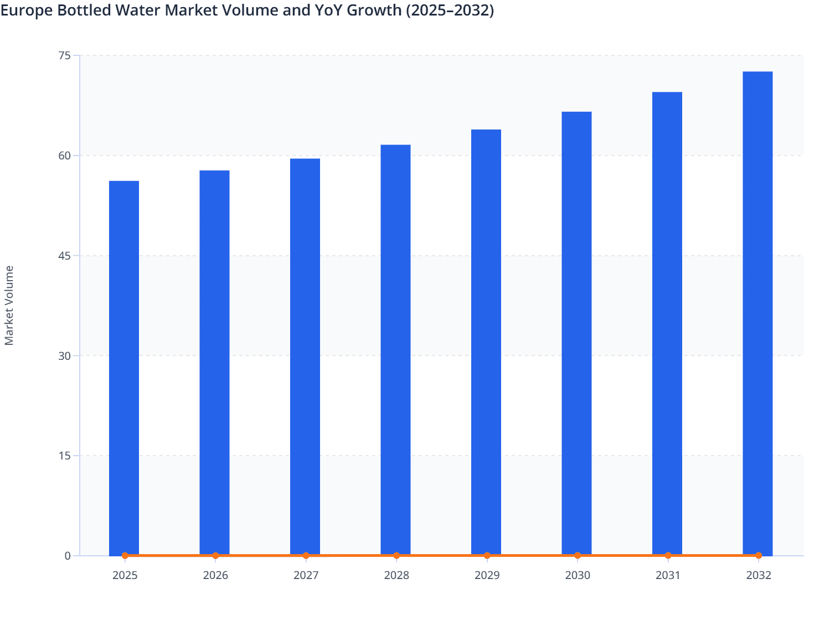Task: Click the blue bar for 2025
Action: (x=124, y=368)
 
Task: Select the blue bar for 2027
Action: (x=305, y=356)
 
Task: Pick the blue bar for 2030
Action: (x=576, y=333)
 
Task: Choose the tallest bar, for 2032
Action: (x=757, y=313)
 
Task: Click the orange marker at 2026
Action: (x=215, y=555)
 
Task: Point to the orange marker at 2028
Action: (x=396, y=555)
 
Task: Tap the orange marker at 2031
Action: (x=668, y=555)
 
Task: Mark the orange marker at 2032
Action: (x=759, y=555)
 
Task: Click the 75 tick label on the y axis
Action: (x=64, y=55)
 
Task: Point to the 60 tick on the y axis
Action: (x=64, y=156)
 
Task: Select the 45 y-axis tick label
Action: (x=64, y=256)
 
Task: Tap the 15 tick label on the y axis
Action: (x=64, y=456)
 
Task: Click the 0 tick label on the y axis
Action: (x=68, y=556)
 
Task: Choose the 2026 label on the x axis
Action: (x=215, y=575)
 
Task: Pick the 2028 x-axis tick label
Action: (x=396, y=575)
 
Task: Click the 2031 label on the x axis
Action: (x=668, y=575)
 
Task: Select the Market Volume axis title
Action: (x=9, y=305)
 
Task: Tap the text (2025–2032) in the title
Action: (x=450, y=10)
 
